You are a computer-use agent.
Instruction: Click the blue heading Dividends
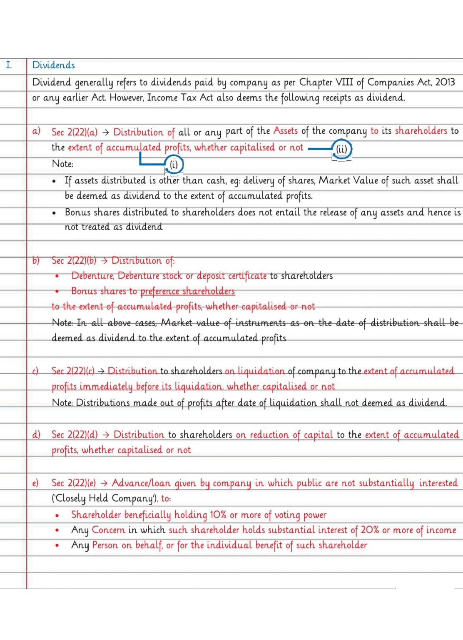pyautogui.click(x=53, y=65)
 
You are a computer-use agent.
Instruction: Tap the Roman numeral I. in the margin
pyautogui.click(x=9, y=65)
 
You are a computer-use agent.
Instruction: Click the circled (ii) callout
pyautogui.click(x=341, y=149)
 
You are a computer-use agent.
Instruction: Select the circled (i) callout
pyautogui.click(x=174, y=164)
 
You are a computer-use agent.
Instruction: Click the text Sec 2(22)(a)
pyautogui.click(x=74, y=132)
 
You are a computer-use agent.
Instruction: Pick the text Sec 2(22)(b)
pyautogui.click(x=74, y=261)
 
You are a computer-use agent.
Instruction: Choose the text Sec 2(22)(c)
pyautogui.click(x=73, y=371)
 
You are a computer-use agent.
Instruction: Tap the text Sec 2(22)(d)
pyautogui.click(x=75, y=435)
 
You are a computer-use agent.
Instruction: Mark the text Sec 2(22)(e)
pyautogui.click(x=73, y=483)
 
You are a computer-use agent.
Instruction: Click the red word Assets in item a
pyautogui.click(x=285, y=131)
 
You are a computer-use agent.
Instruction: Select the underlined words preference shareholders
pyautogui.click(x=187, y=291)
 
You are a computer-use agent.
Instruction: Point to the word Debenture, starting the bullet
pyautogui.click(x=92, y=276)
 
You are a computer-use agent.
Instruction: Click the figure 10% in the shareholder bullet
pyautogui.click(x=218, y=515)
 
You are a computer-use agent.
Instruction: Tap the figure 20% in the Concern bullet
pyautogui.click(x=370, y=530)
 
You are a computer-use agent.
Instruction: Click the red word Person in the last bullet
pyautogui.click(x=105, y=545)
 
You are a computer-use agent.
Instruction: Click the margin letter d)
pyautogui.click(x=36, y=435)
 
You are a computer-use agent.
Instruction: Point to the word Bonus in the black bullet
pyautogui.click(x=78, y=212)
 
